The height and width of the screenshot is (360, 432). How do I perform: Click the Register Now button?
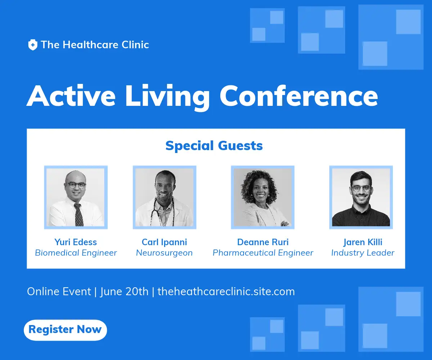coord(66,330)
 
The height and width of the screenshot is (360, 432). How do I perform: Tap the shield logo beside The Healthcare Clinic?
coord(33,45)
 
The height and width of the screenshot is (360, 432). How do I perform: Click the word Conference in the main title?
coord(299,96)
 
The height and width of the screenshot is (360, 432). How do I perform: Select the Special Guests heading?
coord(214,146)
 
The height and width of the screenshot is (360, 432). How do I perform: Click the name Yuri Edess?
coord(76,242)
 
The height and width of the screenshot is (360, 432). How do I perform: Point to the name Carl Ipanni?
coord(164,242)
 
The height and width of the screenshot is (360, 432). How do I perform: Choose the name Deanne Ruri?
coord(263,242)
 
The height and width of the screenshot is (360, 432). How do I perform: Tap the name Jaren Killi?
coord(363,242)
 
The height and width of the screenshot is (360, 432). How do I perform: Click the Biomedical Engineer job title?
coord(76,253)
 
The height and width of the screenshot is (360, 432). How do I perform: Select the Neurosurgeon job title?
coord(164,253)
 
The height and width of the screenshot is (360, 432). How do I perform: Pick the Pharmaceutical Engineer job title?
coord(263,253)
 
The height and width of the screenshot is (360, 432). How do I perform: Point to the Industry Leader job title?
coord(363,253)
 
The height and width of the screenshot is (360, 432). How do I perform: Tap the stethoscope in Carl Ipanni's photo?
coord(163,213)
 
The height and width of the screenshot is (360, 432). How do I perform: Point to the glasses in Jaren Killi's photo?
coord(361,188)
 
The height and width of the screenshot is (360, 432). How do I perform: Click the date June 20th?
coord(124,292)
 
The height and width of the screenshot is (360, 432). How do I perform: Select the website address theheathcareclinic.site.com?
coord(226,292)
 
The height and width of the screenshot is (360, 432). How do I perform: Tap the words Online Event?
coord(59,292)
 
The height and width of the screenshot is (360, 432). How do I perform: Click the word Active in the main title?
coord(71,96)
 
